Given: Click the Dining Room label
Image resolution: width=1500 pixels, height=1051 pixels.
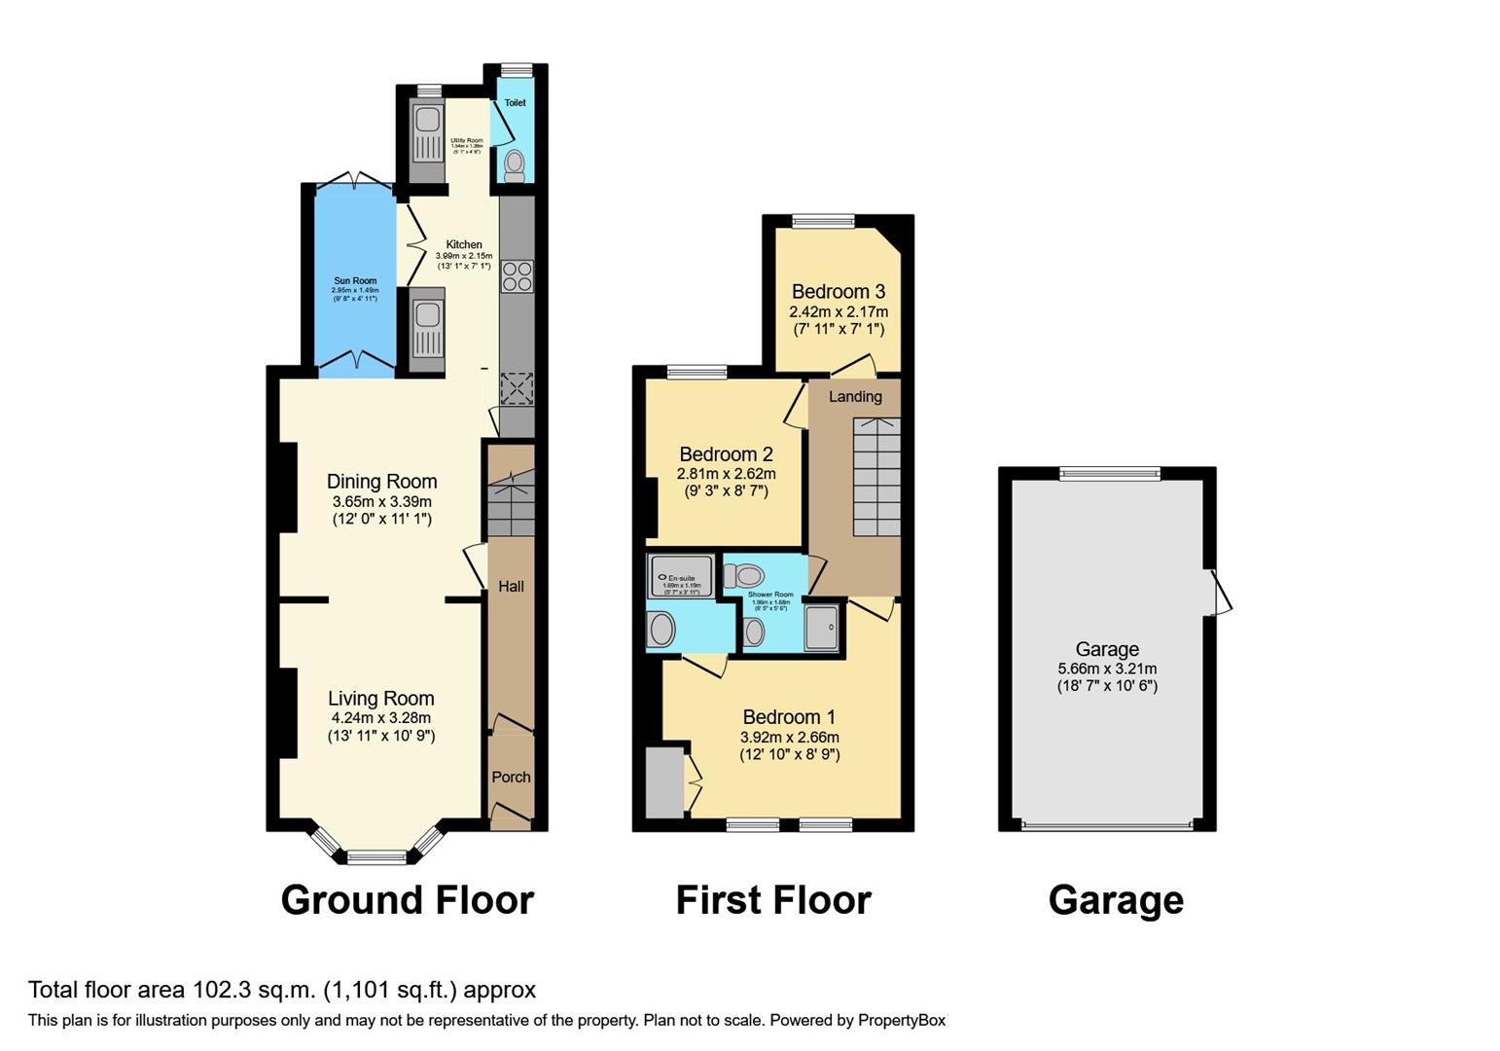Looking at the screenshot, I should (x=381, y=482).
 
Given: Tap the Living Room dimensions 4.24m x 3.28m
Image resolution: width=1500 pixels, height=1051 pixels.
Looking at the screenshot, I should (x=381, y=718).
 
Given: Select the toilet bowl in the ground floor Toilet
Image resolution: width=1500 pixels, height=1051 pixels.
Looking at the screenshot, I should (x=515, y=163).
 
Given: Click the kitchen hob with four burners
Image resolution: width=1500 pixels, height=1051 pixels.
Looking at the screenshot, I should (x=517, y=276).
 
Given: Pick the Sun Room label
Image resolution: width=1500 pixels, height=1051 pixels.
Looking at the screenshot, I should (x=355, y=281).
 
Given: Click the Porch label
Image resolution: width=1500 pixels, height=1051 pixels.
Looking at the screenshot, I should (x=511, y=777).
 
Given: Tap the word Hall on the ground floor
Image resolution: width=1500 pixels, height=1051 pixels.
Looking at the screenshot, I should (x=511, y=586).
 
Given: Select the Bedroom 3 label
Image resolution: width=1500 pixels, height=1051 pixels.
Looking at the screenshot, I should (x=838, y=292).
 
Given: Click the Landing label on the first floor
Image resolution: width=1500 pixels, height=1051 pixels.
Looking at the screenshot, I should (x=855, y=396).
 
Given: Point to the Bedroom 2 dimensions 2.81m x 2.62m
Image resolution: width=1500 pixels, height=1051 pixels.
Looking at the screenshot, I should (x=726, y=474).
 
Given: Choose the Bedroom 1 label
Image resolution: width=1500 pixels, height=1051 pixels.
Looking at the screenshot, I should (x=789, y=718).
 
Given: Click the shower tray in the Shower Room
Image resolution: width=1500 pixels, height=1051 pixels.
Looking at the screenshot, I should (x=822, y=627).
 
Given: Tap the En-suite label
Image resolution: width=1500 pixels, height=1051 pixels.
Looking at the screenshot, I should (x=681, y=578).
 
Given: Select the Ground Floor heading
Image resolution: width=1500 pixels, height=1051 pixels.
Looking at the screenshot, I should (x=407, y=900).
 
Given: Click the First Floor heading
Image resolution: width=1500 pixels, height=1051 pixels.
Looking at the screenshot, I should (x=773, y=900).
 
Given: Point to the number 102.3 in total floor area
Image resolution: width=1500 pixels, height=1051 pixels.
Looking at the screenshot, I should (x=220, y=990).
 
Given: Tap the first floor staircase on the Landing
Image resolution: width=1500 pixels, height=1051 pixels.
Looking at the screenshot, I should (x=876, y=477).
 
